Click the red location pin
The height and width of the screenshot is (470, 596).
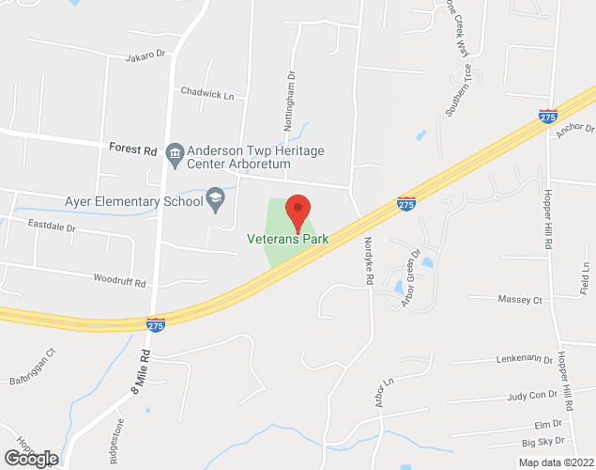(298, 211)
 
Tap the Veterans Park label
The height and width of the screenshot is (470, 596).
(288, 240)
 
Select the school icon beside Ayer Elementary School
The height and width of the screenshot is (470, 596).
(216, 199)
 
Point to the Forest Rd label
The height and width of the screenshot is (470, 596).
(132, 149)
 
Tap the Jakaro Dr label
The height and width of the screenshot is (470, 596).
(145, 57)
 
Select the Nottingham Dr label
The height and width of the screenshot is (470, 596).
(290, 103)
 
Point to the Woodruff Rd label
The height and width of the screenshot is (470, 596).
(120, 281)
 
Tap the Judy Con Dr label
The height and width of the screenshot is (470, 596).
(531, 396)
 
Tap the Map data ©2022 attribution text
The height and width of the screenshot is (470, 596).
(556, 462)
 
